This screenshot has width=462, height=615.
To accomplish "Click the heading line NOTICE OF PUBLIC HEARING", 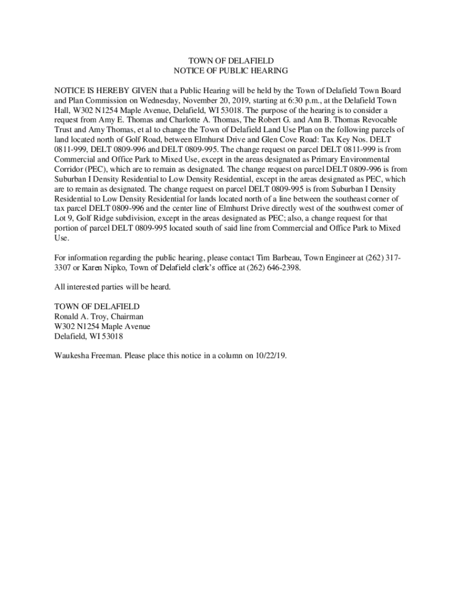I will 231,71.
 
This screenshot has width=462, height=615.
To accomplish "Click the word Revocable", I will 377,120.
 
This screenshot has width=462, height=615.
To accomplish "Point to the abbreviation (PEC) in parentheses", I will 98,169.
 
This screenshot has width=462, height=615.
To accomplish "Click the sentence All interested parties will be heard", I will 113,287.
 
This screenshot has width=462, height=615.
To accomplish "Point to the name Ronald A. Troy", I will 80,317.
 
